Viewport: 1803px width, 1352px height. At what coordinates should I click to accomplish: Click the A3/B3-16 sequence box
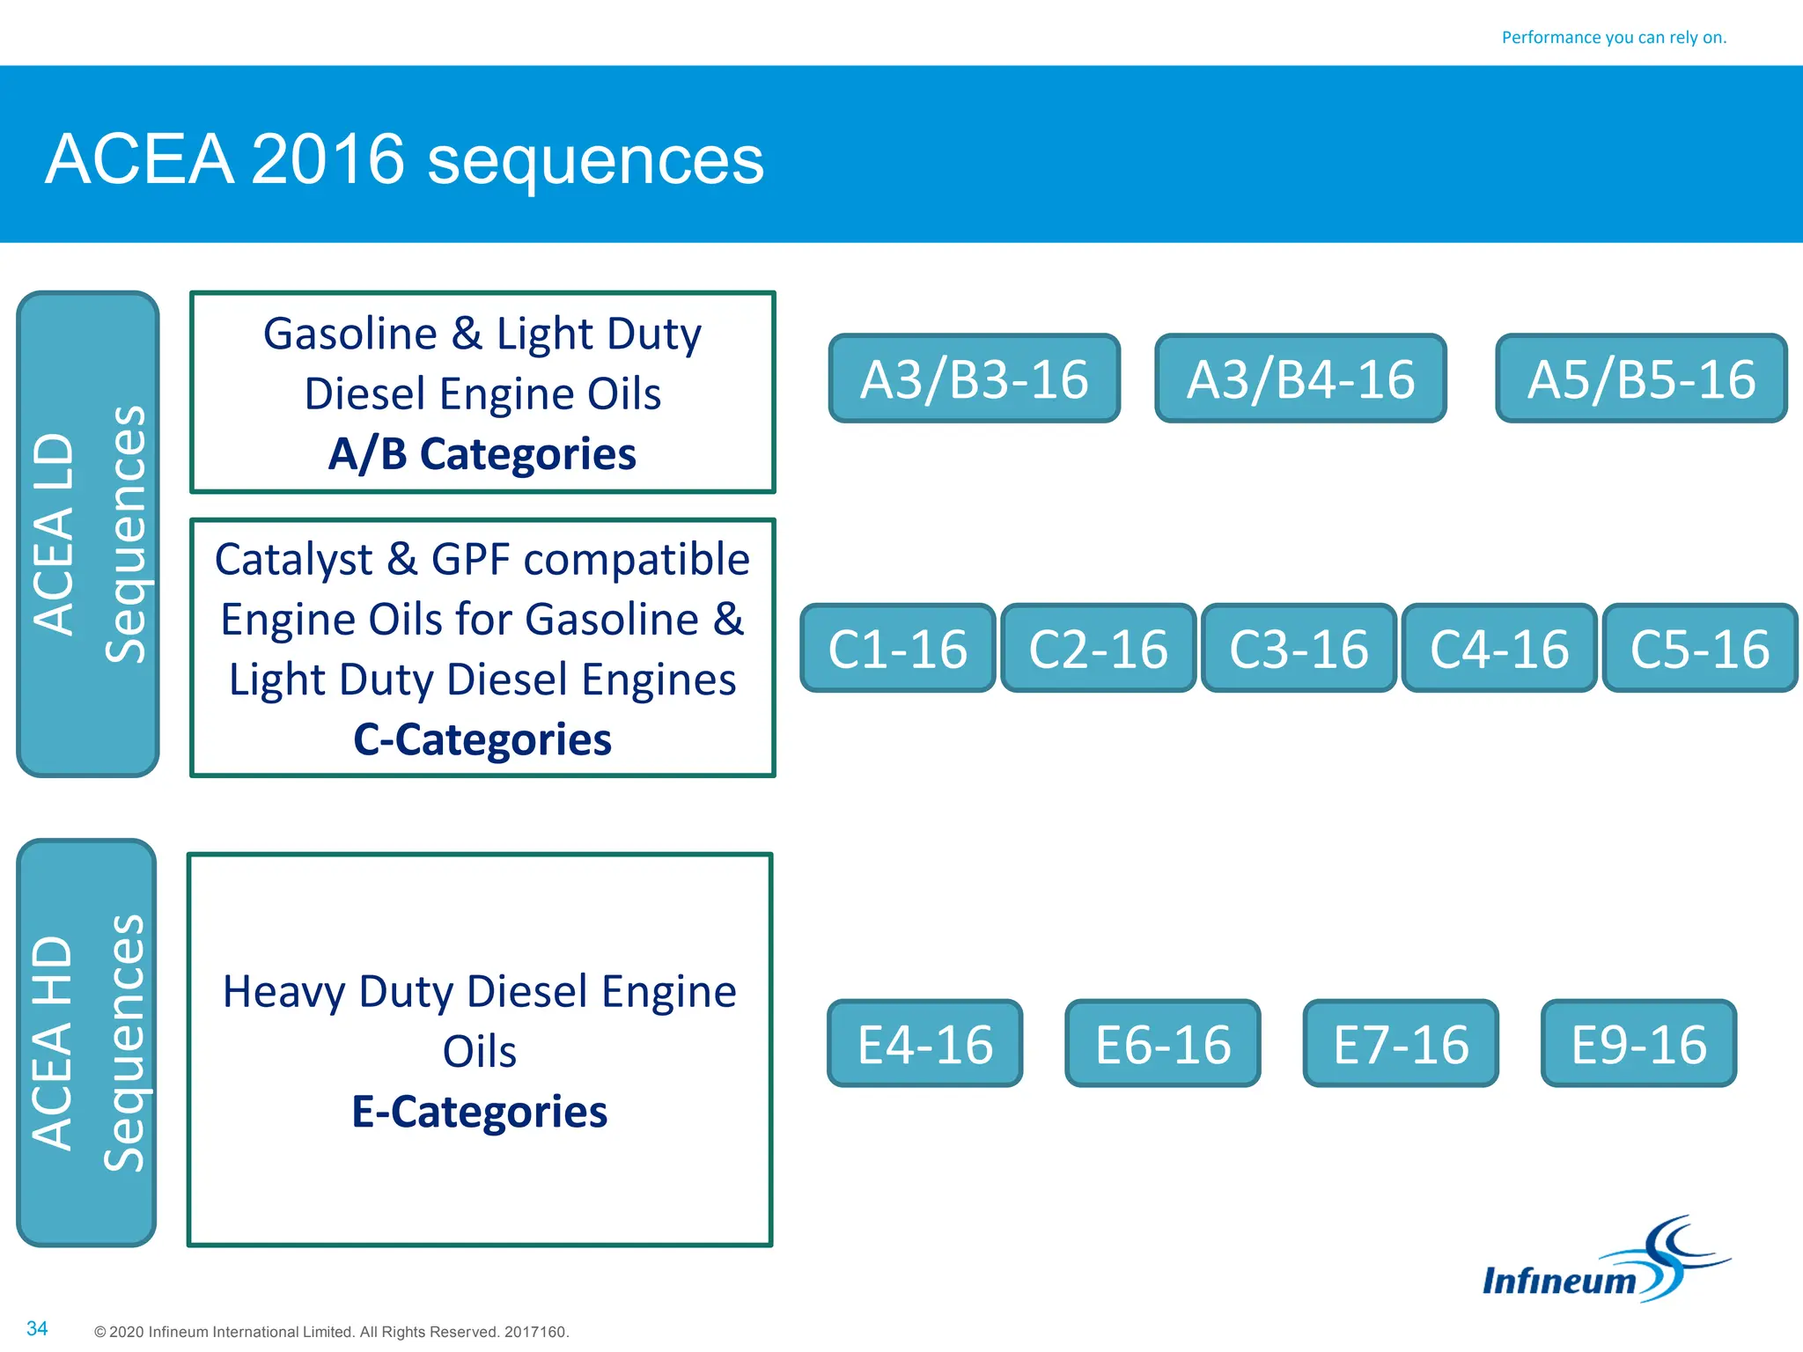pos(974,378)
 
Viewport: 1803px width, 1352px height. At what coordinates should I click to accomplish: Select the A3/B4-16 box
pos(1300,378)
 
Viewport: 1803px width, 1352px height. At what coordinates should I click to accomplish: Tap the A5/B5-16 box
pos(1641,378)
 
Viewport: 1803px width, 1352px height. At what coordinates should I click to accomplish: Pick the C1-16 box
pos(897,649)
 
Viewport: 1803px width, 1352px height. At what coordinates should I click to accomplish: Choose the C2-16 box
pos(1098,649)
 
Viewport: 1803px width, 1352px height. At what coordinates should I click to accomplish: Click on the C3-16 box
pos(1299,649)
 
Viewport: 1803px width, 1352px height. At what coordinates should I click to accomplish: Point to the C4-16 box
pos(1498,649)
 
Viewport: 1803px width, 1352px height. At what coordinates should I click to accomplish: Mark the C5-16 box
pos(1699,649)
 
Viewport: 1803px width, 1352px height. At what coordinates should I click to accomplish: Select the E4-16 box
pos(924,1044)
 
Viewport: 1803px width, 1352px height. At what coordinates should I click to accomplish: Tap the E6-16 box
pos(1162,1044)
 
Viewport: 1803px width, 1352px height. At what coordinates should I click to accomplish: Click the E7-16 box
pos(1400,1044)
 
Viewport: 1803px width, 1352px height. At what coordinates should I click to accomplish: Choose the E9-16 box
pos(1638,1044)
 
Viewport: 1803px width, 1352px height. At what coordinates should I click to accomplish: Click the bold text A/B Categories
pos(482,454)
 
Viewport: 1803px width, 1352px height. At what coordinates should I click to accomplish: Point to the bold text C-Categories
pos(482,739)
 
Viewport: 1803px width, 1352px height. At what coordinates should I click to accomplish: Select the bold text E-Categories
pos(479,1112)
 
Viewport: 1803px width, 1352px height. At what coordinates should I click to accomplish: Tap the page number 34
pos(37,1328)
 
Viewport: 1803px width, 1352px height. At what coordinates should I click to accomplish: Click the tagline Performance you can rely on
pos(1614,37)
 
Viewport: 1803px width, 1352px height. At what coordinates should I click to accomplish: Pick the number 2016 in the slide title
pos(327,159)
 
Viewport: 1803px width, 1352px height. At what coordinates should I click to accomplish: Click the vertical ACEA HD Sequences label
pos(86,1043)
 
